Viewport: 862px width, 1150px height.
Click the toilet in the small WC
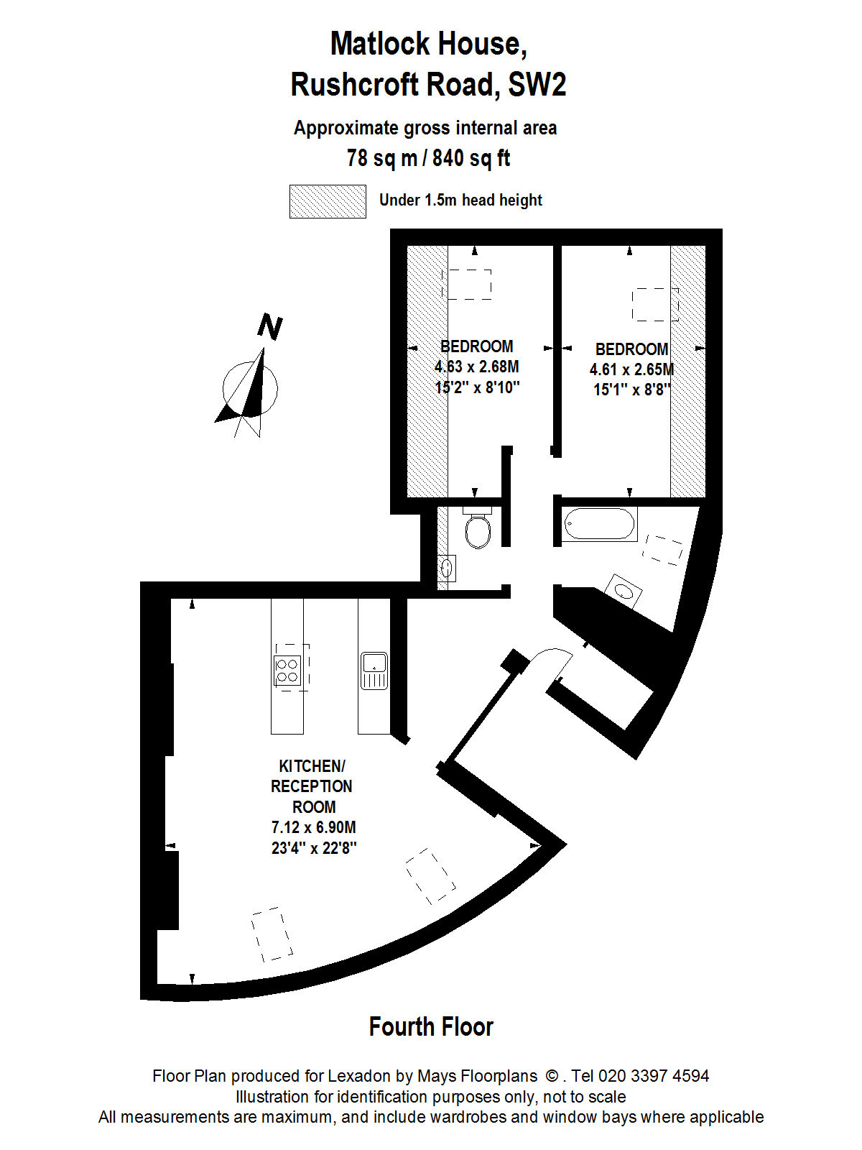(477, 527)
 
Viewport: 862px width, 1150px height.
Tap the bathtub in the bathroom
(600, 523)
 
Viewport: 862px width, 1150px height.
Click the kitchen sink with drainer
(374, 670)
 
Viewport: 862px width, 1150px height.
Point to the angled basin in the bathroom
(624, 591)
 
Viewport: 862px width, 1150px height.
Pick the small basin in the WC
(446, 569)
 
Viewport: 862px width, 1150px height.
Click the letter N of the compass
(270, 327)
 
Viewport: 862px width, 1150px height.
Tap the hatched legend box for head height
(328, 201)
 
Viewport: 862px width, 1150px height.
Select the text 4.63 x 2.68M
(477, 367)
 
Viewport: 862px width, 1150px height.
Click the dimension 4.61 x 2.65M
(631, 369)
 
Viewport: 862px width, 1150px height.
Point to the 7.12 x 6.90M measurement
(313, 827)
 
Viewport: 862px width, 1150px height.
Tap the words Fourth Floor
(431, 1026)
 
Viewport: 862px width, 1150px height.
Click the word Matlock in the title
(381, 44)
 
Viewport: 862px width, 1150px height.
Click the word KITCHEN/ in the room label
(312, 766)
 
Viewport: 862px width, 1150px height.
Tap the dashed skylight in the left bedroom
(470, 285)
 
